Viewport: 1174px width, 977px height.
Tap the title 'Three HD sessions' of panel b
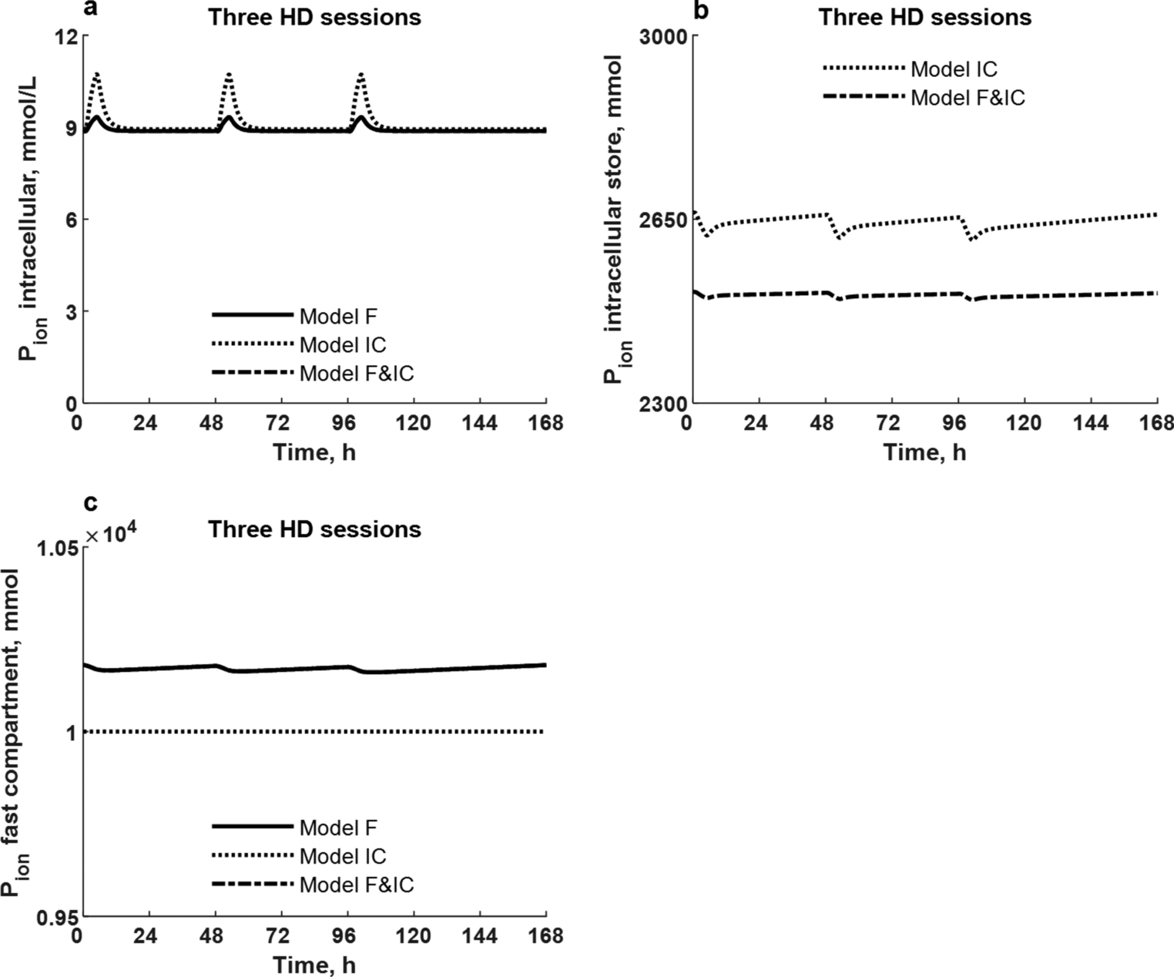[924, 17]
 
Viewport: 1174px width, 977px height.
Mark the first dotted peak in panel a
[97, 74]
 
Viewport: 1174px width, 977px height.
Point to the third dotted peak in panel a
[361, 74]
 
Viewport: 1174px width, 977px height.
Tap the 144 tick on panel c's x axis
[480, 937]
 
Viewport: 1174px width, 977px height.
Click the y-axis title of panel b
[617, 220]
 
